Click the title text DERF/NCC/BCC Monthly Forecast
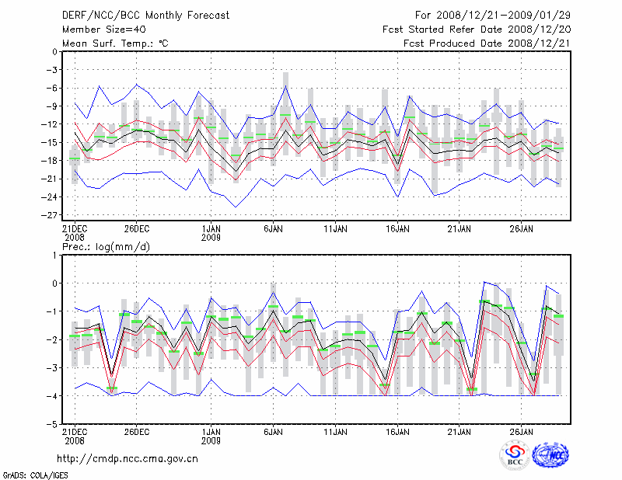136,16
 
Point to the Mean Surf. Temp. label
115,43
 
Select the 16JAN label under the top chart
397,229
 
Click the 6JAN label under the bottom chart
273,431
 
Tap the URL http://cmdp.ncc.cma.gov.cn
128,459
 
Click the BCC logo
515,457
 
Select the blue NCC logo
550,457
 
